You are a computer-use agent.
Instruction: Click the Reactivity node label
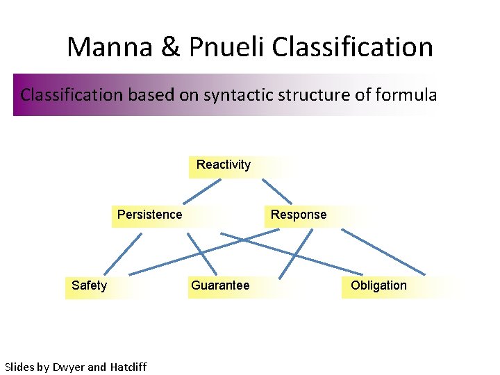223,165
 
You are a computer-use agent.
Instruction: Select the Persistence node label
149,215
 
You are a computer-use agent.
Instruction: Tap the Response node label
298,215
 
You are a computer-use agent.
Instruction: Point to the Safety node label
89,285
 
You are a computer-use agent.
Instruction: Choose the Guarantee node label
220,285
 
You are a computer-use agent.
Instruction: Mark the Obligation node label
378,285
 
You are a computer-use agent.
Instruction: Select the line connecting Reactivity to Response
276,190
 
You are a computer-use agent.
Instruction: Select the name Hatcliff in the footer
128,367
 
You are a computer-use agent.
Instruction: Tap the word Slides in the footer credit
19,367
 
